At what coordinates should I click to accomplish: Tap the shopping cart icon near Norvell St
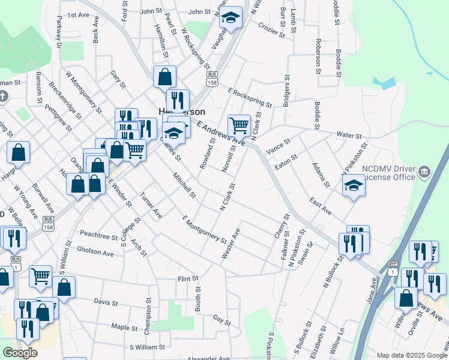click(239, 125)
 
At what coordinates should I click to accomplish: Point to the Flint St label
click(187, 279)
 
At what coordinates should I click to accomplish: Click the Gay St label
click(221, 322)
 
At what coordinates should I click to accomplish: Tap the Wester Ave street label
click(231, 243)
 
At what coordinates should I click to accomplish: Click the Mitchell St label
click(184, 185)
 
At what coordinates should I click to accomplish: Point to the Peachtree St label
click(98, 236)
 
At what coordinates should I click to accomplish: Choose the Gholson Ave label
click(95, 253)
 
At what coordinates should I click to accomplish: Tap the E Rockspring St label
click(249, 98)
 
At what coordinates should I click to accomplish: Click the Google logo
click(20, 353)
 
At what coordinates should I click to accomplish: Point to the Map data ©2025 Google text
click(412, 355)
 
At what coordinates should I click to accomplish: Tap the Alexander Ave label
click(208, 358)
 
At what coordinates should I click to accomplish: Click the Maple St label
click(125, 327)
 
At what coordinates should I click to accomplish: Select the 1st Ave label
click(77, 15)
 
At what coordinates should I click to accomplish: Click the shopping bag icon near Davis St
click(64, 286)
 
